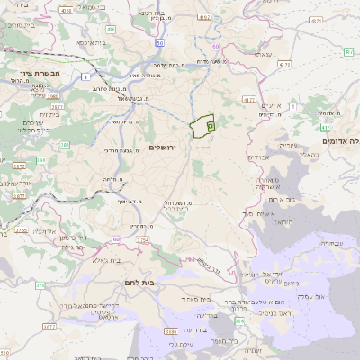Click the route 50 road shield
158,42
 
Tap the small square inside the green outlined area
210,128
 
